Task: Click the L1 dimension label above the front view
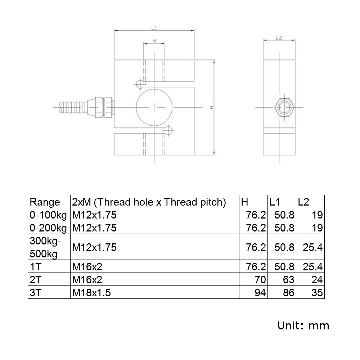pos(154,27)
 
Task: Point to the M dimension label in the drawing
pos(154,41)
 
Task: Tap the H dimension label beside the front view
pos(212,107)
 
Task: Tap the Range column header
pos(45,202)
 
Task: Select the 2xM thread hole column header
pos(149,202)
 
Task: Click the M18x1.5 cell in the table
pos(91,293)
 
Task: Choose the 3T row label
pos(36,293)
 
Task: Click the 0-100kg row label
pos(48,215)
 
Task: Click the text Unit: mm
pos(303,326)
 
